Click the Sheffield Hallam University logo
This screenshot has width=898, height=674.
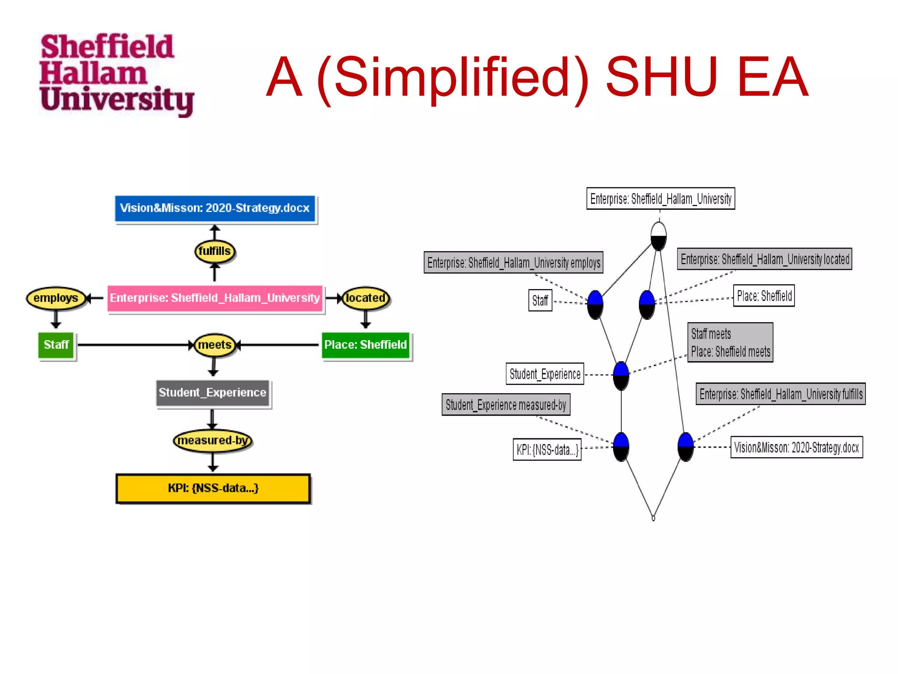(116, 75)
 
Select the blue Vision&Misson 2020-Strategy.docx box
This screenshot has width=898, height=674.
(215, 208)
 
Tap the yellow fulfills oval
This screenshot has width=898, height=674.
(214, 251)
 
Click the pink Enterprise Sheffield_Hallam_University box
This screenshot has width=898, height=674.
(215, 298)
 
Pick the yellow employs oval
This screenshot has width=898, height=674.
(56, 298)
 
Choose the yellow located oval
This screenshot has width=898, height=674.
(365, 298)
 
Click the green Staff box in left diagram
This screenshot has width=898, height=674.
(56, 345)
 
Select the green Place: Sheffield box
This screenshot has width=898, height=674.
(365, 345)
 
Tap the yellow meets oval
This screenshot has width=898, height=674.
(214, 345)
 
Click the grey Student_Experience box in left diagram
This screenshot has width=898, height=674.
(213, 393)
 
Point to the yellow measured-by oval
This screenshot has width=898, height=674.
(213, 441)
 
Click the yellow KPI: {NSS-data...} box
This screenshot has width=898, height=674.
(213, 488)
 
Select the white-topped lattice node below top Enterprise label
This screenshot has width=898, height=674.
(659, 236)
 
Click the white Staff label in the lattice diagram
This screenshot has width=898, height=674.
(540, 301)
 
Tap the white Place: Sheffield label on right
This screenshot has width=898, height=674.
(764, 296)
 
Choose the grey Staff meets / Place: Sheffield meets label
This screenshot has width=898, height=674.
(730, 343)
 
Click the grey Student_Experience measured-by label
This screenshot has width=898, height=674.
(506, 405)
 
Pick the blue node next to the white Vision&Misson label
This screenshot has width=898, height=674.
(685, 447)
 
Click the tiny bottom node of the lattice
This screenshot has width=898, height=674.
(653, 518)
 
